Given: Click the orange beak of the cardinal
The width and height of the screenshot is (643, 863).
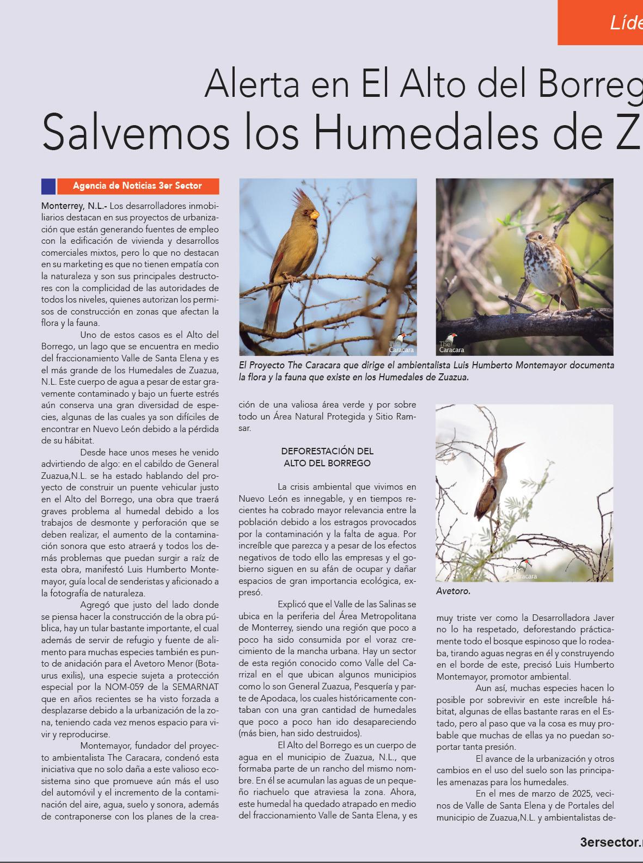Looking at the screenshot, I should (314, 214).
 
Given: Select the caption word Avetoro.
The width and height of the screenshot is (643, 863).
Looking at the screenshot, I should (453, 591).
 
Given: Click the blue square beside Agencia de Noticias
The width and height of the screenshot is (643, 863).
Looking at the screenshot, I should (48, 186).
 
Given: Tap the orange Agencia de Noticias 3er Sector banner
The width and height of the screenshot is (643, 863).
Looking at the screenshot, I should (138, 186).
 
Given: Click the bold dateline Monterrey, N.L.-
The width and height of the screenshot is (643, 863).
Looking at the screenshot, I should (74, 206).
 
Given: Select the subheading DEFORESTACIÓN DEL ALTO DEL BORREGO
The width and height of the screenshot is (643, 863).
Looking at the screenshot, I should (327, 457).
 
